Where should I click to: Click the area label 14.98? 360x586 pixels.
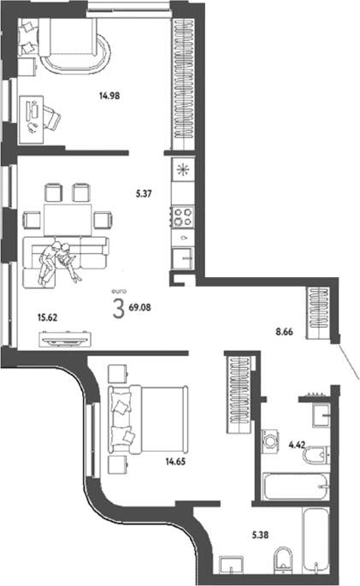(x=109, y=96)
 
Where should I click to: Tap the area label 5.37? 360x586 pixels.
(x=144, y=194)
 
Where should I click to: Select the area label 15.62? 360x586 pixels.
(x=47, y=317)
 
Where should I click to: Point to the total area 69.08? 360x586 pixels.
(x=140, y=308)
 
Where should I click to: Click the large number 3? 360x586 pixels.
(x=118, y=310)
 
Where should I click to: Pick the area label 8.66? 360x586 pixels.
(x=285, y=331)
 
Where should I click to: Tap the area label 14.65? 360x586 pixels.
(x=175, y=462)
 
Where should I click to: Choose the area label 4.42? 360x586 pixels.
(x=298, y=445)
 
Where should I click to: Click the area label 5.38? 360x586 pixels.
(x=260, y=536)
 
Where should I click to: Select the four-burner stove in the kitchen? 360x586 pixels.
(x=183, y=216)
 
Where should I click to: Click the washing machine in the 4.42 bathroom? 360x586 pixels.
(x=269, y=441)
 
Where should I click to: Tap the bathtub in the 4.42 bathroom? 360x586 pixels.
(x=297, y=486)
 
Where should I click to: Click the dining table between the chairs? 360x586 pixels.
(x=68, y=220)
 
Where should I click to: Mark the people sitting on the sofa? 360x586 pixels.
(x=59, y=263)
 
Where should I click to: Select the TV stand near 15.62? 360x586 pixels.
(x=66, y=340)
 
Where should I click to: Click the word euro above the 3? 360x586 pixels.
(x=119, y=292)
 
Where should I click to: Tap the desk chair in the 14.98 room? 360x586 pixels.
(x=51, y=117)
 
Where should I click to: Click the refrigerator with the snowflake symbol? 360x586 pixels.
(x=183, y=170)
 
